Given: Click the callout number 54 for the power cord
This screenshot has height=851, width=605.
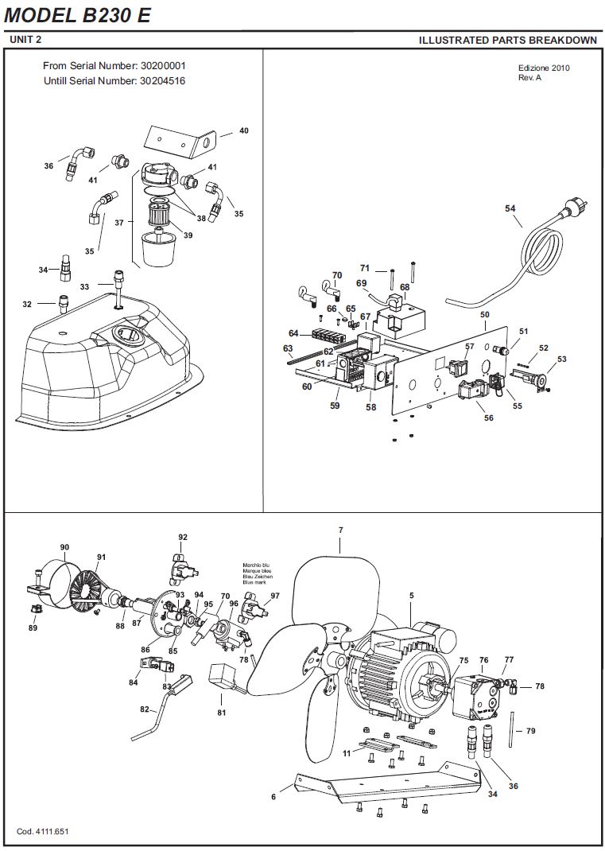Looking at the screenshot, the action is pos(510,208).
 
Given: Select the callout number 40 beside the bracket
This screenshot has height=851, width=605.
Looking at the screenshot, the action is pos(244,130).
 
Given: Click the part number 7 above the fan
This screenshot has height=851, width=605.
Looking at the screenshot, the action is pos(341,530).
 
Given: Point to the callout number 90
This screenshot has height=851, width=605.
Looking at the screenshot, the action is pos(64,547).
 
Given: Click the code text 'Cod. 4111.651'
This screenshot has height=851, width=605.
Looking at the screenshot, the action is pos(43,831).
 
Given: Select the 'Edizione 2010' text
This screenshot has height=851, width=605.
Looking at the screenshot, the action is pos(544,68).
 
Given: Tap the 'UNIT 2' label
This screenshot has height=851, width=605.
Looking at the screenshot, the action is pos(25,40).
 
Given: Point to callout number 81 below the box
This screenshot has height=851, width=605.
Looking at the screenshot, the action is pos(221,713).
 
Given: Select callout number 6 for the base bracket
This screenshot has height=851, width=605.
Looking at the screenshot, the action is pos(274,797).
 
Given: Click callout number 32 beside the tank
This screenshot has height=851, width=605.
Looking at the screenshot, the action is pos(27,305).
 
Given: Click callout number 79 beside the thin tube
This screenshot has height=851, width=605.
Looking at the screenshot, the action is pos(530,731).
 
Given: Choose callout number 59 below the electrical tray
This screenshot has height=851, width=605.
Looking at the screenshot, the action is pos(335,406).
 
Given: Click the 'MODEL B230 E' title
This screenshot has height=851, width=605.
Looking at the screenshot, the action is pos(77,15).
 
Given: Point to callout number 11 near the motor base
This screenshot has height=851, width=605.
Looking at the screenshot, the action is pos(347,753).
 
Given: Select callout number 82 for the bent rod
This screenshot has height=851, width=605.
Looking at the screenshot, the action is pos(145,710).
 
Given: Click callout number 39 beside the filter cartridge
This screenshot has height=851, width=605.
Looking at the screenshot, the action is pos(188,235).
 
